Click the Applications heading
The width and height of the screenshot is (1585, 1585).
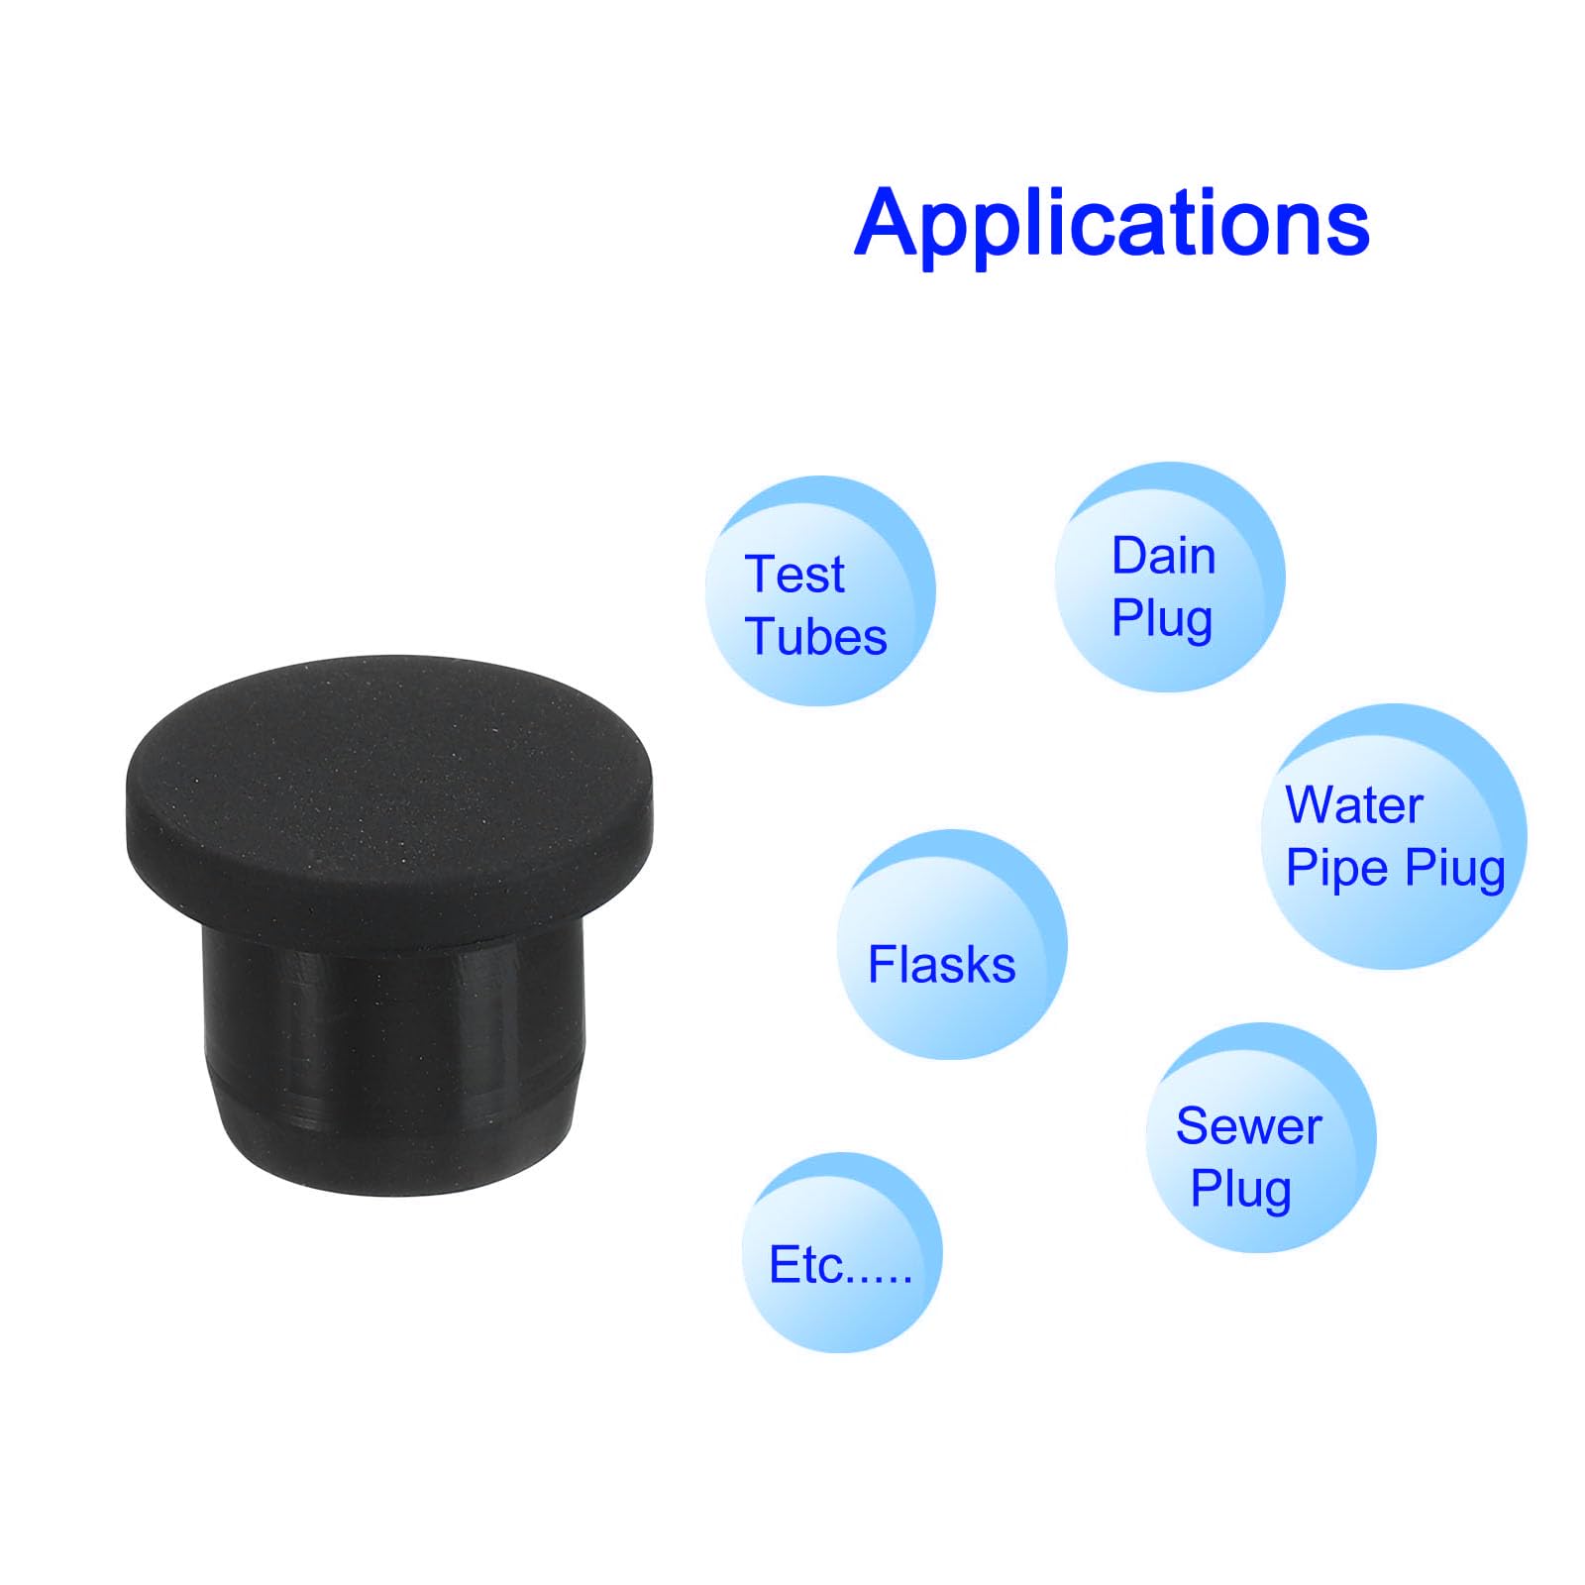(1111, 224)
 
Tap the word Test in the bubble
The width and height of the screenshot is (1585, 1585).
(794, 575)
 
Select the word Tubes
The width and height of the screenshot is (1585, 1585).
(815, 636)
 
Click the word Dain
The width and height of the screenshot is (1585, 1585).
(1163, 556)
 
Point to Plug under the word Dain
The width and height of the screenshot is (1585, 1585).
(1162, 619)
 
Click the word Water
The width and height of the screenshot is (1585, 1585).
(1353, 804)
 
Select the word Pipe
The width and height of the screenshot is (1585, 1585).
(1336, 869)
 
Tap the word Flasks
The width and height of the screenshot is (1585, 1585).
(941, 965)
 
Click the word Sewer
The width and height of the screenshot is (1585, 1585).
(1248, 1126)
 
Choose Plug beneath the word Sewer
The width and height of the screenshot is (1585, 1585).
(1240, 1189)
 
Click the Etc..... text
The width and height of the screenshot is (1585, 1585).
(840, 1265)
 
